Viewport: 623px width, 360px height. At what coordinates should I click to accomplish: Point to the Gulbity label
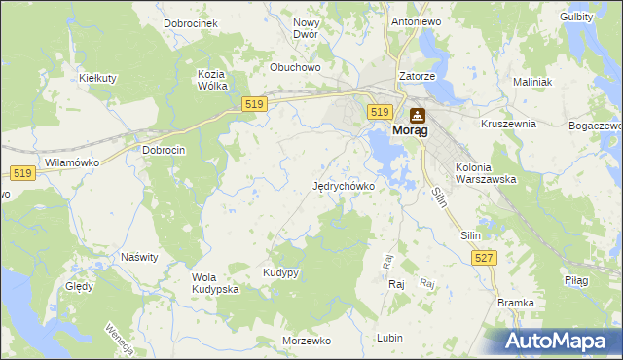pos(577,18)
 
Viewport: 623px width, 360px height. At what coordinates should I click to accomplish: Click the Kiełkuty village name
pos(97,77)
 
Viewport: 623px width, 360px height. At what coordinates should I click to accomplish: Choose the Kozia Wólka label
pos(212,80)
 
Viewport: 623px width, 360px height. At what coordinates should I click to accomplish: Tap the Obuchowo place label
pos(295,68)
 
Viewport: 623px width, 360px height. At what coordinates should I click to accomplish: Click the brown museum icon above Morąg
pos(417,113)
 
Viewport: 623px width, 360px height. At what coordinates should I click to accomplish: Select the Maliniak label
pos(531,83)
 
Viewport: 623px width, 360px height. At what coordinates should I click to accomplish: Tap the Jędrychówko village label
pos(344,186)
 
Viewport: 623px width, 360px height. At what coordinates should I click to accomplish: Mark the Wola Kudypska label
pos(215,283)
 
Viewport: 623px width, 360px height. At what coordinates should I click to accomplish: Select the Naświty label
pos(139,257)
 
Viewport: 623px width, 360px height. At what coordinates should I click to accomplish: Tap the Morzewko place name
pos(307,342)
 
